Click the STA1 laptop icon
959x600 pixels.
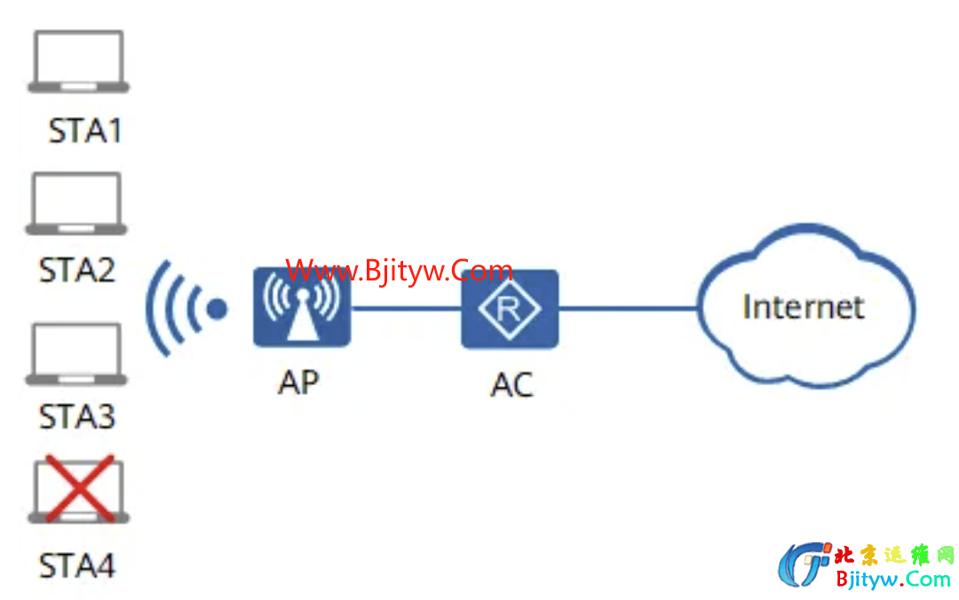click(x=78, y=61)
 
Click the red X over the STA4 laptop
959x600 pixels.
click(x=78, y=488)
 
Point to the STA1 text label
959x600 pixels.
click(x=84, y=131)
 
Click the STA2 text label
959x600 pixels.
click(x=77, y=270)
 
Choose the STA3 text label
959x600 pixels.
click(x=77, y=416)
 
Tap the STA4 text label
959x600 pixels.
click(x=77, y=565)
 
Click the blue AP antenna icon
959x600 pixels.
click(x=301, y=307)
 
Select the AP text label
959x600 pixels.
click(x=298, y=382)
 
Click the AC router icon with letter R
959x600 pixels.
click(x=510, y=309)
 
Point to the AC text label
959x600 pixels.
click(x=511, y=384)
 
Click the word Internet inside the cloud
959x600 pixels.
click(x=803, y=307)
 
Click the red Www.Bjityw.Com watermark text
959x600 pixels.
click(x=400, y=270)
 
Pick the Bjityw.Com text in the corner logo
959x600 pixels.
click(x=893, y=580)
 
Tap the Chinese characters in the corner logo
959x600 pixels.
click(x=893, y=556)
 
